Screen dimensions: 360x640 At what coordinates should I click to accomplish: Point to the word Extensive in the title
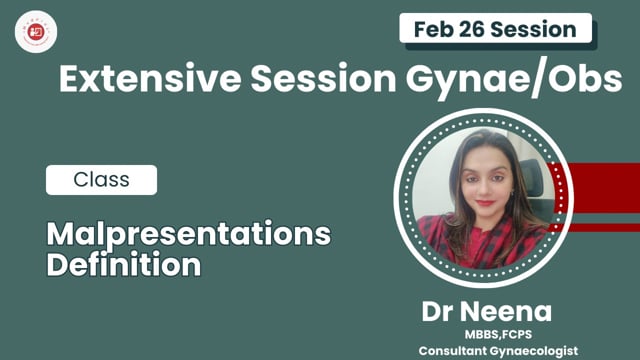pyautogui.click(x=136, y=80)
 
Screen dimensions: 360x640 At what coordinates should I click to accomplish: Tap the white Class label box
pyautogui.click(x=101, y=180)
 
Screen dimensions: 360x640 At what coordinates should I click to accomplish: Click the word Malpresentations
pyautogui.click(x=189, y=236)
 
